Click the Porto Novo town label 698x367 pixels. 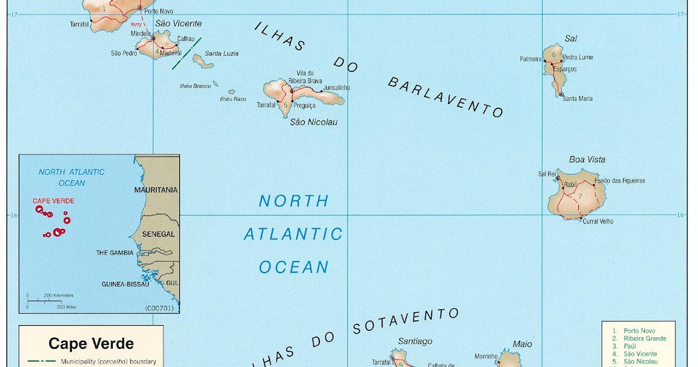159,11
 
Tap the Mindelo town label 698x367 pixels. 140,33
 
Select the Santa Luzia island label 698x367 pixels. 222,54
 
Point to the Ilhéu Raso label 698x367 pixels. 233,99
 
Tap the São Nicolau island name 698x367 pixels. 314,122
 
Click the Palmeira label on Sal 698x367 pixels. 530,59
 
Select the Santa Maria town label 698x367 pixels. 577,98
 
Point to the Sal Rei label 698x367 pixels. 547,174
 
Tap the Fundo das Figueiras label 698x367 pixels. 619,181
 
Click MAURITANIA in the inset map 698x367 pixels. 156,190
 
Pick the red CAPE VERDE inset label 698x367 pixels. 53,200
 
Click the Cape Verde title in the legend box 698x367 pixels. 91,343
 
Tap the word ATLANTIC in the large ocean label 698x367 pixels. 293,234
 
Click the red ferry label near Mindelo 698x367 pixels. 136,24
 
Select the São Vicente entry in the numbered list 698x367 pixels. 640,354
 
